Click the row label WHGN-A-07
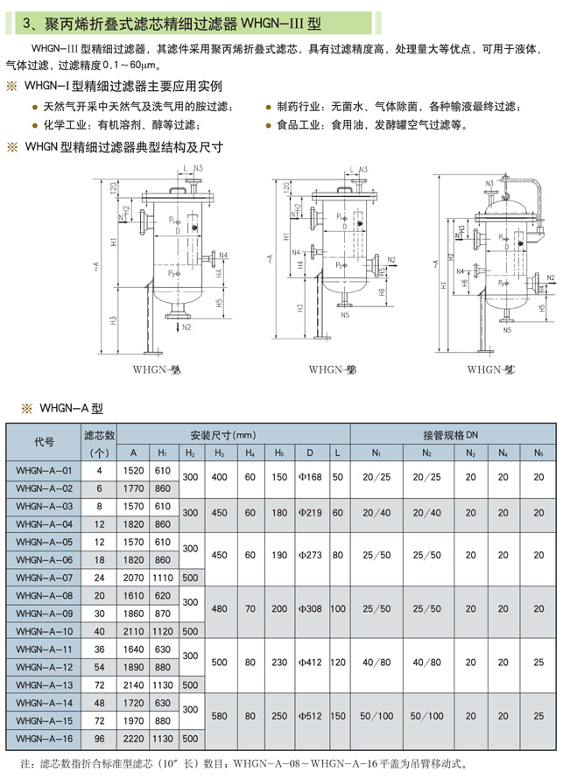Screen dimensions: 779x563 (44, 577)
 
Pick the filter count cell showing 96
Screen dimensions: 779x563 (100, 738)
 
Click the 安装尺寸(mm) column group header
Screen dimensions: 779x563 (222, 434)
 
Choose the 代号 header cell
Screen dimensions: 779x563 (44, 442)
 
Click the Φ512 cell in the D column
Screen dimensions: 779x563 (310, 715)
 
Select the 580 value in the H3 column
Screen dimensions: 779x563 (219, 715)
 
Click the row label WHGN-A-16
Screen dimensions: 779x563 (44, 738)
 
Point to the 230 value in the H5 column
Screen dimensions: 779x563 (278, 663)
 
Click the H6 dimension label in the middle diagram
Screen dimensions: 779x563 (382, 295)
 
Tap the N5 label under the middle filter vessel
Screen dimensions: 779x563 (345, 315)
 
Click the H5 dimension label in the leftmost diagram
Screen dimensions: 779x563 (218, 303)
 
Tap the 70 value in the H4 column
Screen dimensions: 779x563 (250, 608)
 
